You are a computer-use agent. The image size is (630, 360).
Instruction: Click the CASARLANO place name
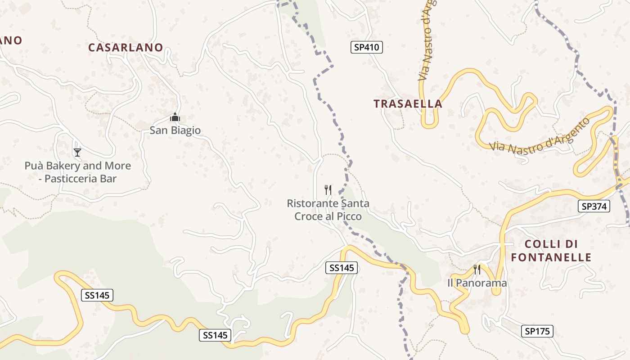[x=126, y=48]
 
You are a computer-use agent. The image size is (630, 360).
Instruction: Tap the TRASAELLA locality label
[x=408, y=104]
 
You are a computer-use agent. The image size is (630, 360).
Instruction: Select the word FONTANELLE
[x=551, y=257]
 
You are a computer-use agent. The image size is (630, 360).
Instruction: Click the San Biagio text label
[x=175, y=130]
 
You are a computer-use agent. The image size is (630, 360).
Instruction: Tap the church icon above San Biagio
[x=175, y=117]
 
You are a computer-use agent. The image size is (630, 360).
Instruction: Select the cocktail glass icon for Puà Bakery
[x=77, y=153]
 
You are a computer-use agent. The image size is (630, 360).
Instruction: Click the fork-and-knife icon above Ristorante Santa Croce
[x=328, y=190]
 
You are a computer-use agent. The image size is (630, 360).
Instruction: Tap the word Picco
[x=348, y=216]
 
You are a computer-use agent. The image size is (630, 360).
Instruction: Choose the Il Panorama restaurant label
[x=477, y=283]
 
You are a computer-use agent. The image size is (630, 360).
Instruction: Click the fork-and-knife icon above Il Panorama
[x=477, y=270]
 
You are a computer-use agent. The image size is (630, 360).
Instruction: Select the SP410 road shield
[x=366, y=47]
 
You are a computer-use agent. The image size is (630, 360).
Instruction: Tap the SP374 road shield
[x=594, y=207]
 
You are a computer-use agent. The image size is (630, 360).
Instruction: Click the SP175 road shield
[x=537, y=332]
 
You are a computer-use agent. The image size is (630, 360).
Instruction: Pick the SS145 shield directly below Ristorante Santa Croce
[x=342, y=268]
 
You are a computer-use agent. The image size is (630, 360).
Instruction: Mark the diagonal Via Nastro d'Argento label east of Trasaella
[x=540, y=135]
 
